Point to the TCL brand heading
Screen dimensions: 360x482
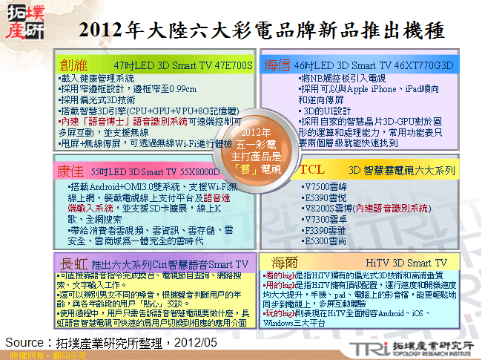[x=311, y=170]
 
